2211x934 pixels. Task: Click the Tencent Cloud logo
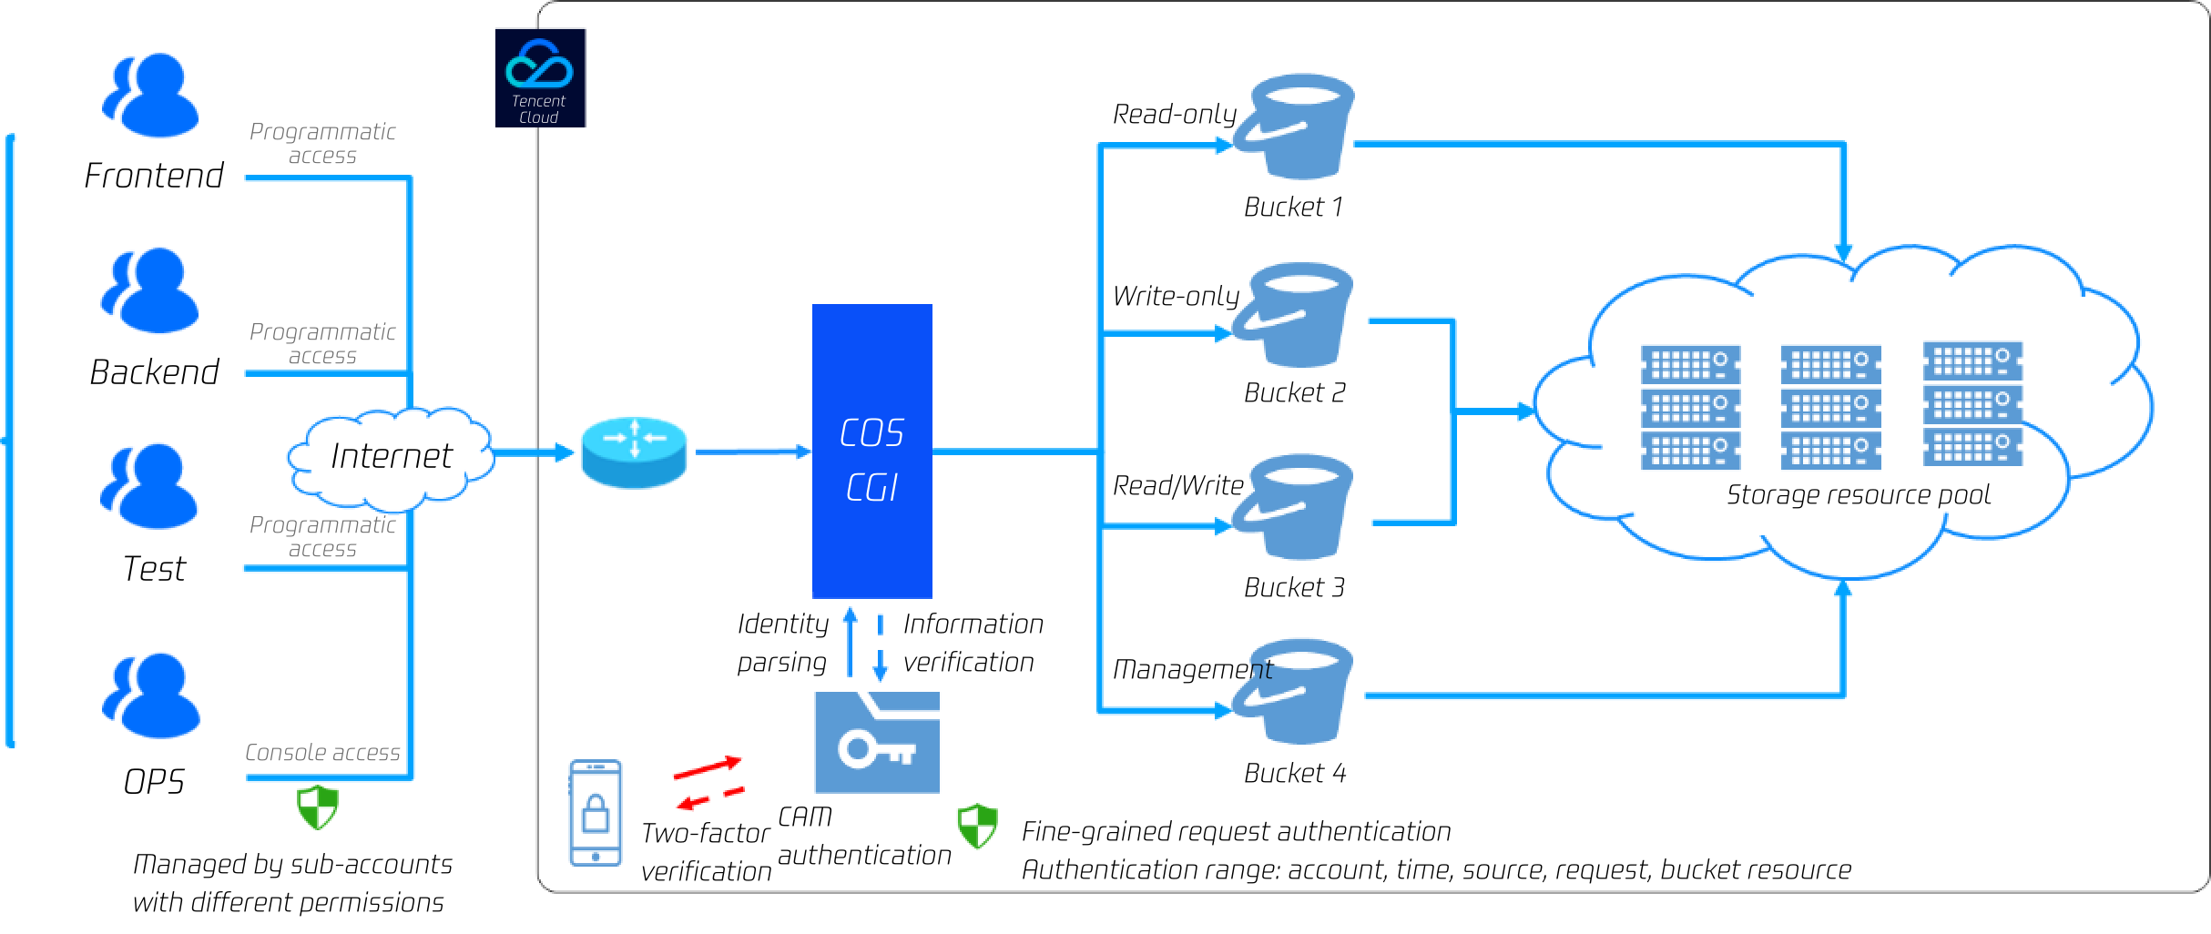click(x=540, y=78)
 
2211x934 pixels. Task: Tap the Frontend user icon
click(x=150, y=96)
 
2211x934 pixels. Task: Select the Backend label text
click(x=154, y=371)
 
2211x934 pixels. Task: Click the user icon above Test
click(x=149, y=486)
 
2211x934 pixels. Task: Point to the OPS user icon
click(x=150, y=695)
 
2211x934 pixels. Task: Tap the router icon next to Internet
click(x=634, y=452)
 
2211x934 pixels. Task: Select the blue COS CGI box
click(x=871, y=451)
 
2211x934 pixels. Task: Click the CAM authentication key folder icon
click(x=877, y=742)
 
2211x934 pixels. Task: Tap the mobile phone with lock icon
click(x=596, y=813)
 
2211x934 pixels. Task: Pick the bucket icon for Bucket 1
click(x=1294, y=127)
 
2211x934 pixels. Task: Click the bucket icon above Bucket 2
click(x=1294, y=315)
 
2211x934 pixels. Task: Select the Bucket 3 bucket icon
click(x=1294, y=507)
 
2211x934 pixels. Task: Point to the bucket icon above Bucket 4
click(x=1294, y=692)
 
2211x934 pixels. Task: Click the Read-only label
click(x=1174, y=114)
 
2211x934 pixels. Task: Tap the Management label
click(x=1192, y=669)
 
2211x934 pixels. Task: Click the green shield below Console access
click(x=318, y=807)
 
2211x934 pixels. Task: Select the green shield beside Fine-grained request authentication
click(x=978, y=827)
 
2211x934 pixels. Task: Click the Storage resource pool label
click(x=1858, y=494)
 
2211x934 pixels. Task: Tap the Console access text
click(x=322, y=752)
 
